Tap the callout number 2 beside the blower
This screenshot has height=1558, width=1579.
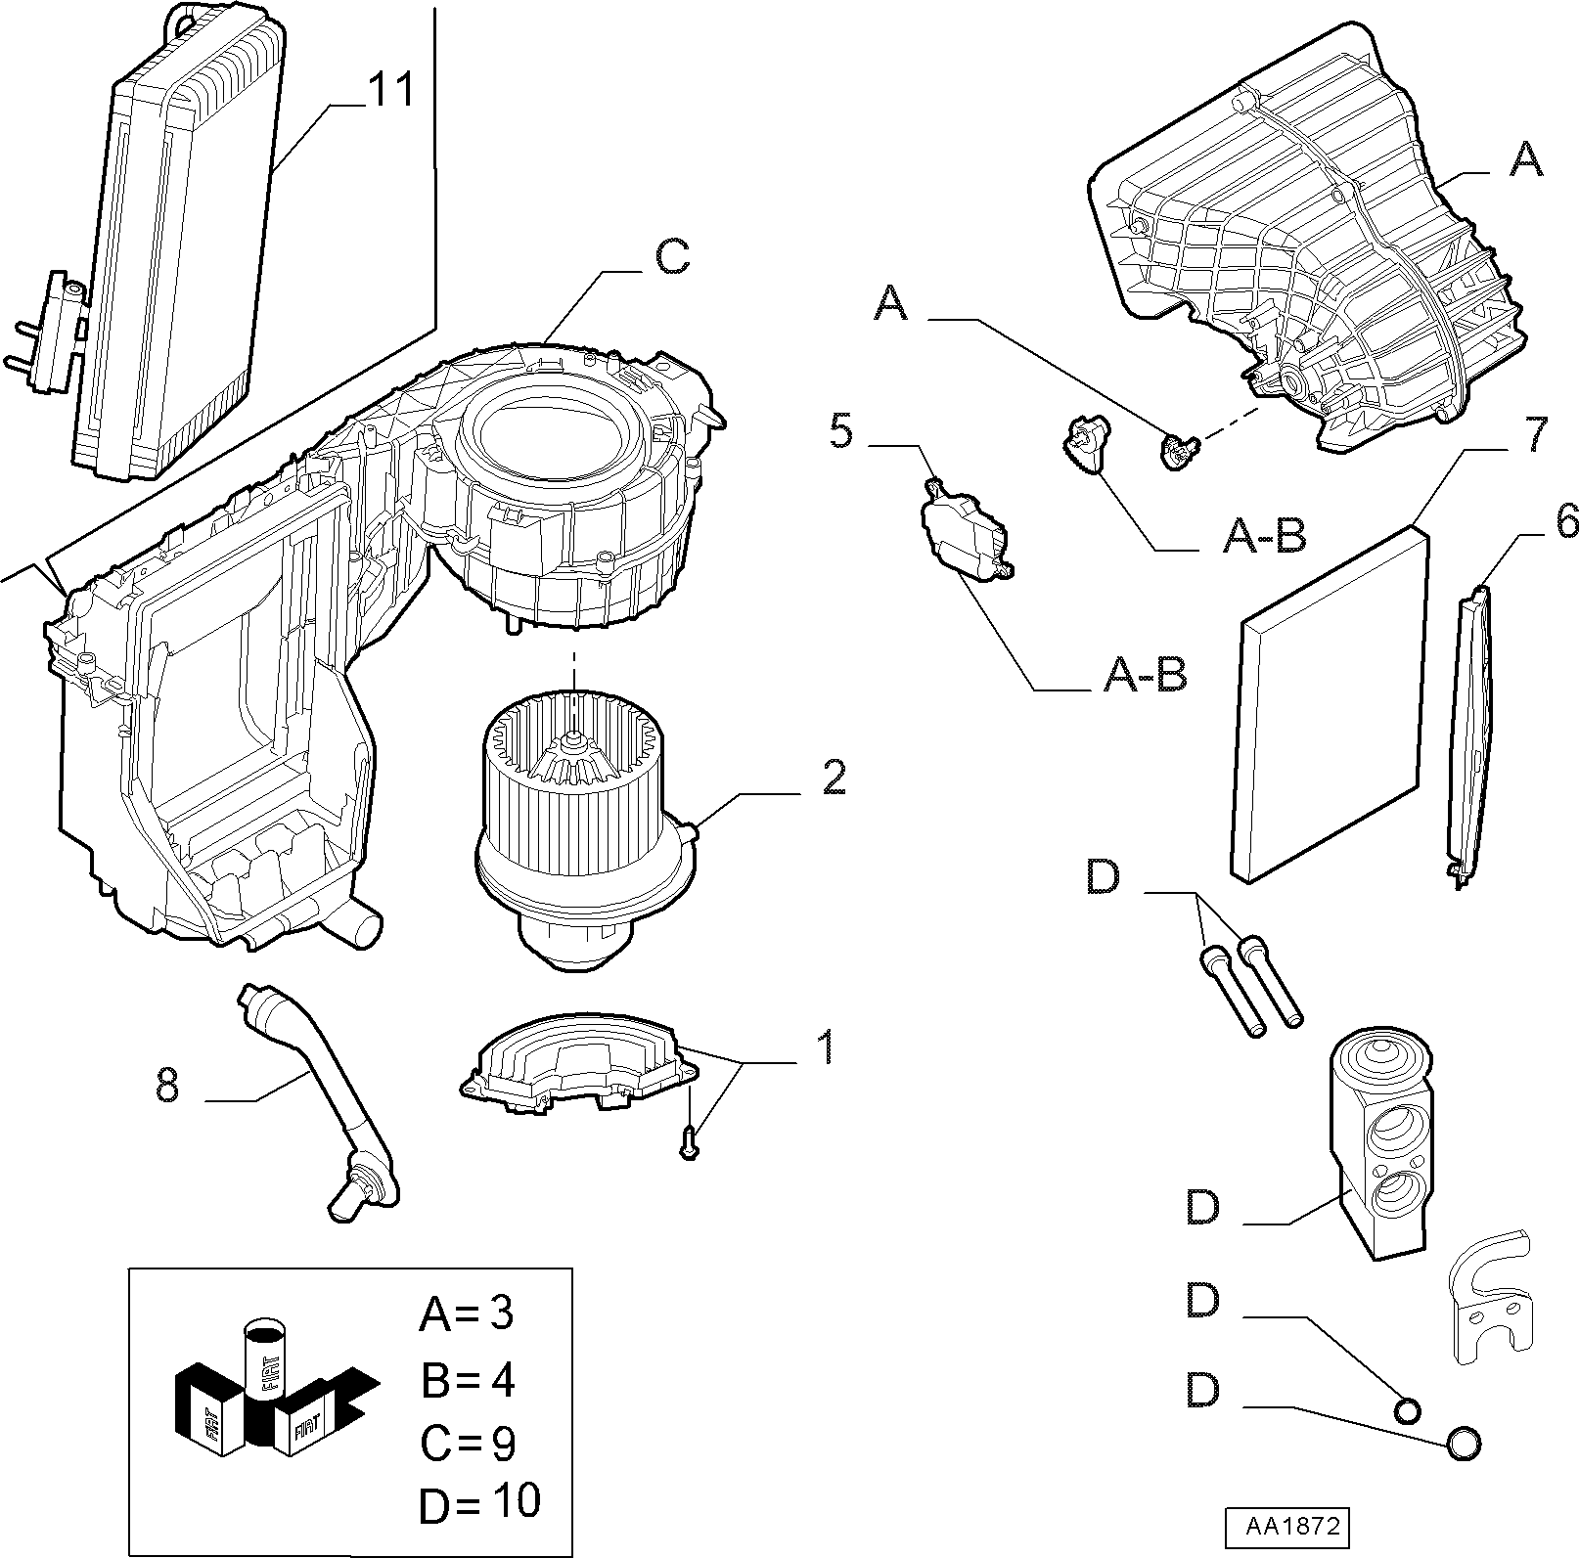click(x=833, y=777)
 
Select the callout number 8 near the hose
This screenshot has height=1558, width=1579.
click(x=167, y=1085)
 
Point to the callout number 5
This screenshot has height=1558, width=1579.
click(x=841, y=431)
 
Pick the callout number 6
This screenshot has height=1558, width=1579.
click(x=1565, y=521)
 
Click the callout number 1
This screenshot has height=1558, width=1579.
click(x=826, y=1046)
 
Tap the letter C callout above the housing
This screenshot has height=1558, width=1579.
click(x=672, y=258)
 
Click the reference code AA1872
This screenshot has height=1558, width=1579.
click(x=1285, y=1525)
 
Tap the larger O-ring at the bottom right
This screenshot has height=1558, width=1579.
click(x=1463, y=1443)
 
